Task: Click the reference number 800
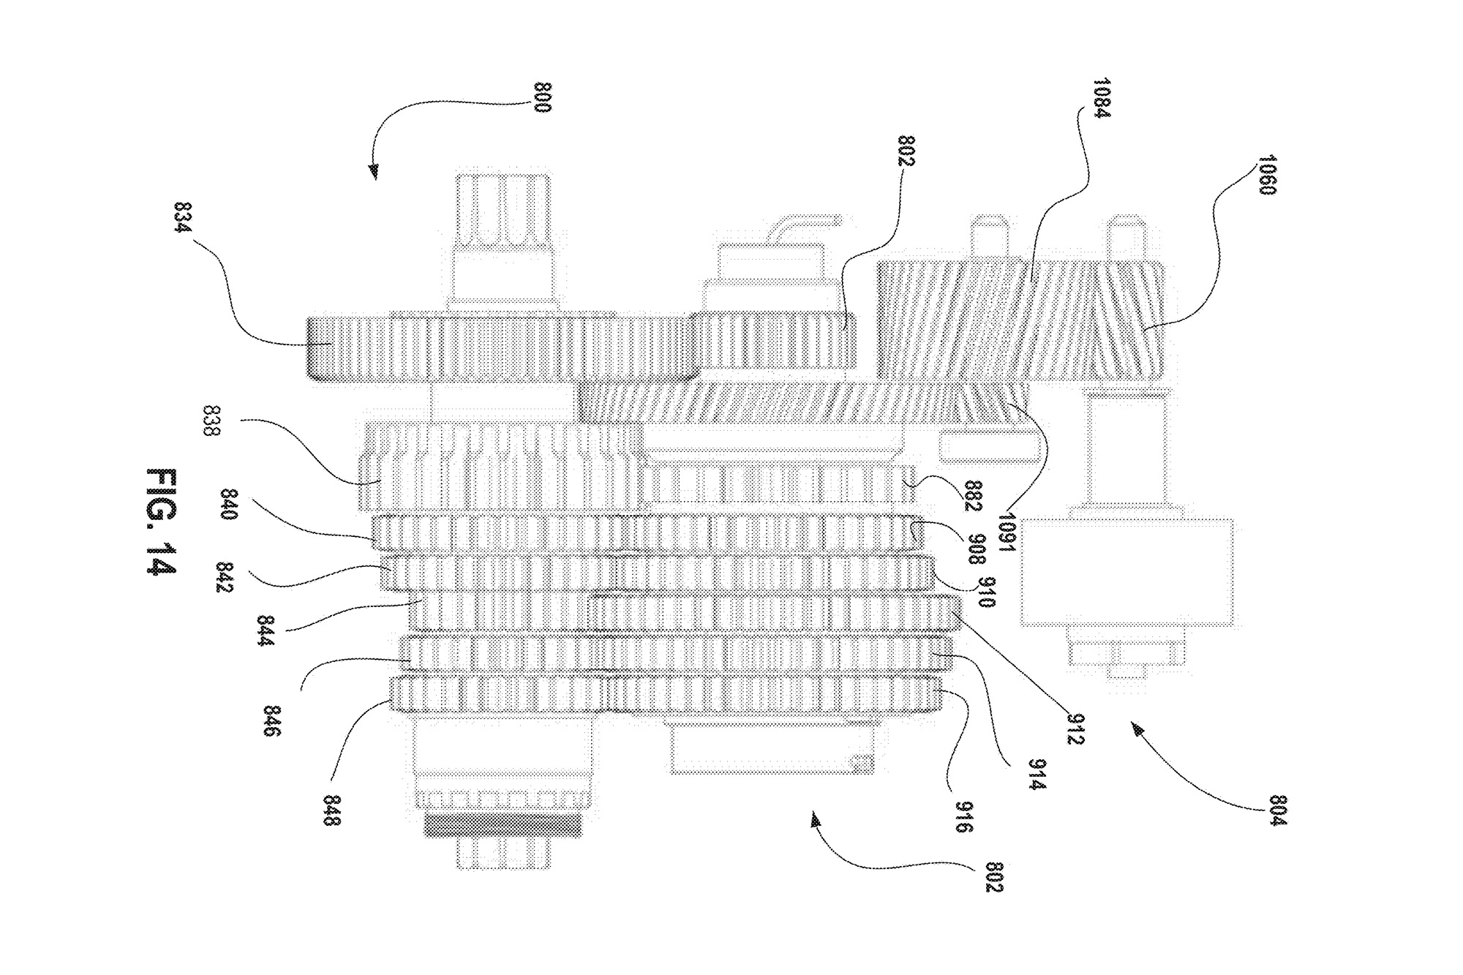click(542, 98)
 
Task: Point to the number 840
click(228, 505)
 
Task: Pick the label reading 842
click(225, 578)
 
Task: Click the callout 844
click(265, 631)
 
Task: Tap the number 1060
click(1266, 174)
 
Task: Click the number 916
click(963, 818)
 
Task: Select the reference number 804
click(1277, 810)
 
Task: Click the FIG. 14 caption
click(161, 522)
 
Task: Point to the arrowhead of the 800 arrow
click(374, 173)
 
